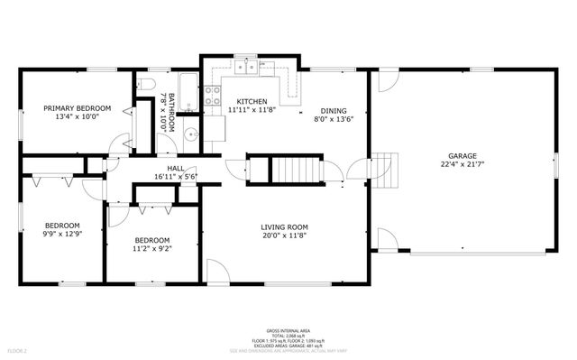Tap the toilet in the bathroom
(150, 86)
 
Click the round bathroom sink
(190, 137)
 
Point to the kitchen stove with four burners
(214, 95)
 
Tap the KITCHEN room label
(252, 101)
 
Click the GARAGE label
(463, 155)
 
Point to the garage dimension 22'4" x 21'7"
(463, 165)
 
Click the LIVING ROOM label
(285, 226)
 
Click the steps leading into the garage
(385, 168)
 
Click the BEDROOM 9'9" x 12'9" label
(63, 226)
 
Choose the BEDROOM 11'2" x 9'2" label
(152, 240)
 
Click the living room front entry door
(215, 272)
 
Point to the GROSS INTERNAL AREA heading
(288, 330)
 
